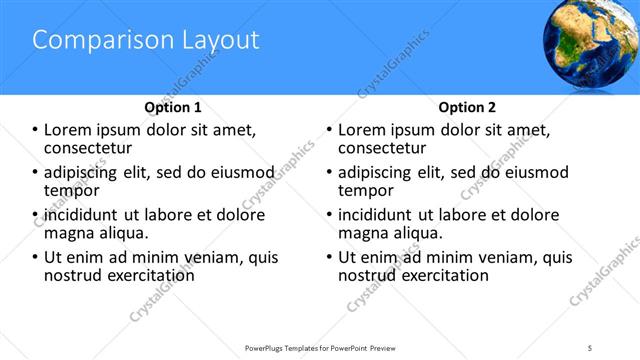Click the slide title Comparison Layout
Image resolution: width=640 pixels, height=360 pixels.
[x=146, y=40]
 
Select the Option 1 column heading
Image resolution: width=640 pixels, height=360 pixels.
[x=173, y=107]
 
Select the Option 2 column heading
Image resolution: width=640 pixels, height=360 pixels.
[x=467, y=107]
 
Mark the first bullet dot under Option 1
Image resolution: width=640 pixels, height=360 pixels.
[x=36, y=130]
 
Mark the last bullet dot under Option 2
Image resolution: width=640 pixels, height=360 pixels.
[x=330, y=257]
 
